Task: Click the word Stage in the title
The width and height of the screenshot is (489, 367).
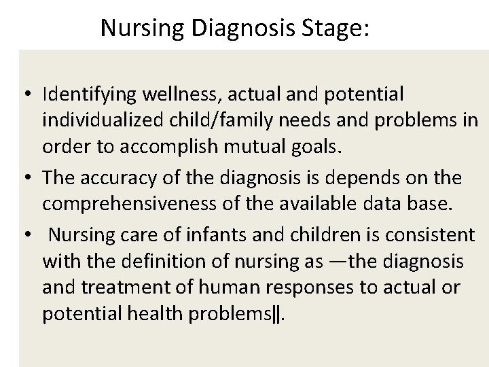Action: pos(337,28)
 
